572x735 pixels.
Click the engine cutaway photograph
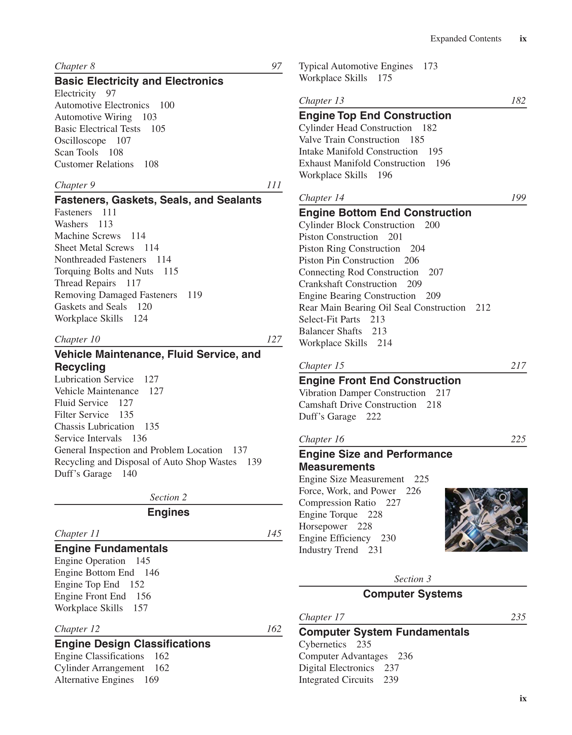pos(486,520)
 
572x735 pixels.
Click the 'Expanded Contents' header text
pos(466,39)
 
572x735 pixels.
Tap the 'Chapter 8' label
pos(75,66)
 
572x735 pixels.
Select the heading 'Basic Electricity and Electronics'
pos(139,81)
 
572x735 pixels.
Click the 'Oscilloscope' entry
pos(80,141)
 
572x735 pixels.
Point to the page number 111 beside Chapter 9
pos(274,185)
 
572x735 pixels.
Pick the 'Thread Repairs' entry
pos(85,283)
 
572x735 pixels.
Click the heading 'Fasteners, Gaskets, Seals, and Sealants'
pos(158,200)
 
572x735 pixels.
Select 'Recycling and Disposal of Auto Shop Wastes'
pos(146,462)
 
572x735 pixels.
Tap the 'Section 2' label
pos(168,497)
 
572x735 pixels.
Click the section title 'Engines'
pos(168,512)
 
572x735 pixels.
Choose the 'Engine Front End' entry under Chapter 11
pos(90,596)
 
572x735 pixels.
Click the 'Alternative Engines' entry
pos(94,680)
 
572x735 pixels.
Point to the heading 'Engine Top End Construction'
pos(374,115)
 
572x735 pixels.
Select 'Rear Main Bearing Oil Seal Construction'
pos(382,308)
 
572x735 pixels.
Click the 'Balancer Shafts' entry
pos(330,331)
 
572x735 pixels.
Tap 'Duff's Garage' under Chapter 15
pos(327,417)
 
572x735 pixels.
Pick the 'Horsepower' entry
pos(323,526)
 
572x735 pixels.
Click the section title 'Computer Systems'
pos(412,594)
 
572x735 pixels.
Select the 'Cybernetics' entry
pos(322,644)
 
